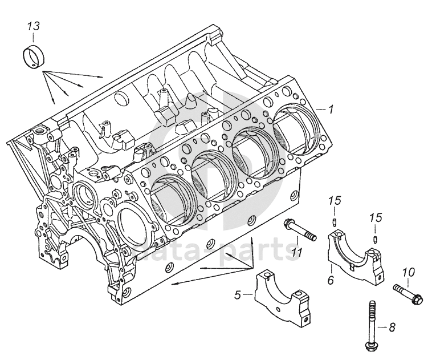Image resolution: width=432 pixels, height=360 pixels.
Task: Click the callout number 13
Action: point(34,26)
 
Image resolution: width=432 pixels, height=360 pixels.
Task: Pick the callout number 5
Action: point(238,294)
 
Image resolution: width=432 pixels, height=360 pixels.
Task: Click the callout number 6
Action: point(330,281)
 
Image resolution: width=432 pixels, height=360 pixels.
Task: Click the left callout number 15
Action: point(335,200)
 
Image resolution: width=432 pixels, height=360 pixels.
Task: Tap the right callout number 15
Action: point(375,218)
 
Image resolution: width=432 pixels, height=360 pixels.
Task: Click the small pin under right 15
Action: point(376,238)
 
